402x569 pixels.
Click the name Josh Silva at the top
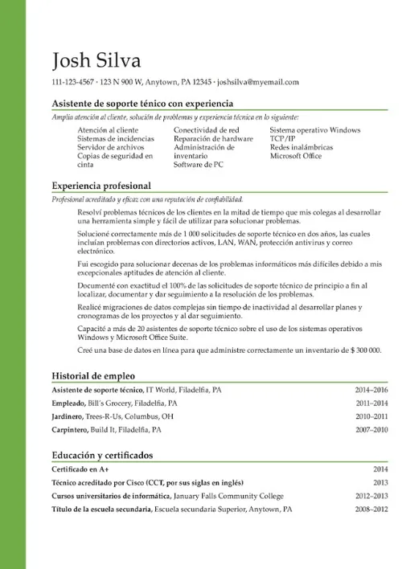tap(95, 60)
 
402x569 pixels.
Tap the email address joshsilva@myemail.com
tap(258, 82)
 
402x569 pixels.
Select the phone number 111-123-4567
tap(72, 82)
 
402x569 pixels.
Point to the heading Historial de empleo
tap(93, 375)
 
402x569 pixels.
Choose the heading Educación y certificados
tap(102, 455)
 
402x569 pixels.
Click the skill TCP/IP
tap(283, 138)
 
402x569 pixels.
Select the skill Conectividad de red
tap(206, 129)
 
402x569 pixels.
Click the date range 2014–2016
tap(371, 390)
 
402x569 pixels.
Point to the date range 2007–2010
tap(371, 430)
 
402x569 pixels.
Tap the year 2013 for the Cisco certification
tap(380, 482)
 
